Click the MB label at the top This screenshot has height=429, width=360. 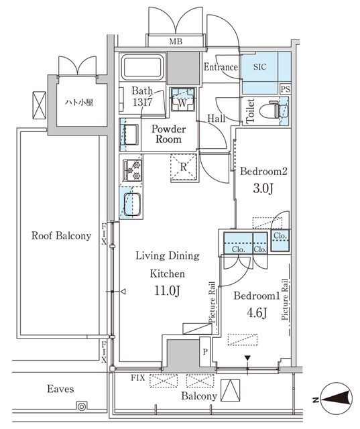tap(176, 42)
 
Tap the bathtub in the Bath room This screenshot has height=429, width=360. tap(142, 67)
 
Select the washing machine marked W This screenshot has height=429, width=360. tap(182, 99)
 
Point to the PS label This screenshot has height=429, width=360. tap(285, 89)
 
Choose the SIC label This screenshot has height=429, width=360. tap(259, 67)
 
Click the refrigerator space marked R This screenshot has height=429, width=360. tap(184, 167)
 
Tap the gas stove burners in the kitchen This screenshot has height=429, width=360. tap(132, 170)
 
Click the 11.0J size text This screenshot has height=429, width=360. tap(167, 291)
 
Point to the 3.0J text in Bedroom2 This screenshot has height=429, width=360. tap(263, 188)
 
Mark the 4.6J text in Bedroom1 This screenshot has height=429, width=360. tap(257, 313)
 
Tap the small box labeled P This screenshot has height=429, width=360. tap(205, 352)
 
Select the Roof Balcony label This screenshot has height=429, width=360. tap(61, 236)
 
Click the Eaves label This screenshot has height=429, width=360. tap(60, 389)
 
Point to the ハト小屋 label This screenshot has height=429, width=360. tap(79, 103)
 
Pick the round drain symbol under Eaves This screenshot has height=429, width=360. tap(82, 407)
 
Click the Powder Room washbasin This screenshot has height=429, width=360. tap(131, 134)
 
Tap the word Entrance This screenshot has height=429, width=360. tap(221, 67)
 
